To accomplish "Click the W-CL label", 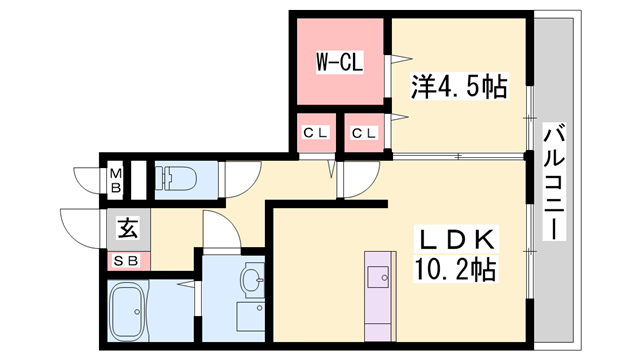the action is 340,62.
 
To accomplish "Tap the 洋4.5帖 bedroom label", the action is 459,87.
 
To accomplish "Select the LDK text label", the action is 456,239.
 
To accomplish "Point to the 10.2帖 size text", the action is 456,269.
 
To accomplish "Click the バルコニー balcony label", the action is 554,182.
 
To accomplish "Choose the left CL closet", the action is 316,133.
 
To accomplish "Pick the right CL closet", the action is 364,133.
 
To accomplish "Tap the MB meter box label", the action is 116,180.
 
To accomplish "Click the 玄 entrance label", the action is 128,229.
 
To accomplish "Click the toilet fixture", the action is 176,178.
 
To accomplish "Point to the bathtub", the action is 129,312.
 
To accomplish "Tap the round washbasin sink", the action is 253,278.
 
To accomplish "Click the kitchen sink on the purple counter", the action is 378,277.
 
